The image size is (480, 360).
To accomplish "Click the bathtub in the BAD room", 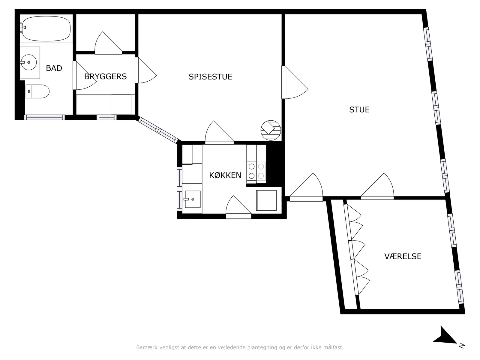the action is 46,28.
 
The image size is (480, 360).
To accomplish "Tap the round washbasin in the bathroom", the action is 29,62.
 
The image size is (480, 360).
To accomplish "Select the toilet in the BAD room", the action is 37,91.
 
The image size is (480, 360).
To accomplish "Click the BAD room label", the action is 54,68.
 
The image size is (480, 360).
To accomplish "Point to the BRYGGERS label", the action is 105,76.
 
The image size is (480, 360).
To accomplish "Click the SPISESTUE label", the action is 210,77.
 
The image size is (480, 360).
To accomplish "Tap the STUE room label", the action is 359,109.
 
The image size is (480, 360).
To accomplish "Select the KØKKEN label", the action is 225,175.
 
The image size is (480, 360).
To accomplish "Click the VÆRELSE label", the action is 403,256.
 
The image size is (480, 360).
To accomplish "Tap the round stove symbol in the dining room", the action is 271,130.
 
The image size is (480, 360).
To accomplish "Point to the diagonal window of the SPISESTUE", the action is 158,130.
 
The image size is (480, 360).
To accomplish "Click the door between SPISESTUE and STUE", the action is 295,82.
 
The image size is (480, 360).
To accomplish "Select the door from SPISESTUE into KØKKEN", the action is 219,133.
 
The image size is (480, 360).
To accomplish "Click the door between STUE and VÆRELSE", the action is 377,186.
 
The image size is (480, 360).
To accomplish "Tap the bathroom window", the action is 44,117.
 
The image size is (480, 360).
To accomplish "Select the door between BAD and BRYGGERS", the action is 84,75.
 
